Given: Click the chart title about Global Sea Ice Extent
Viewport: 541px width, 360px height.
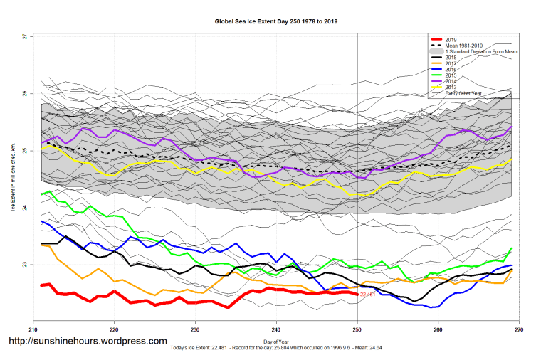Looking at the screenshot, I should (x=275, y=22).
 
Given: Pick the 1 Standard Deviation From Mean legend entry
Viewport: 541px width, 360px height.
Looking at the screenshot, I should (x=480, y=52).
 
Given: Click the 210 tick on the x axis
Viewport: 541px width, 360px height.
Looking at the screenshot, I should (x=32, y=330).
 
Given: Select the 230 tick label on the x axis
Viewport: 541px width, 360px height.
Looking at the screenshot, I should (x=195, y=330).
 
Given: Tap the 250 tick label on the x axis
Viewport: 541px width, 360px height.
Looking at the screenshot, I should (x=357, y=330).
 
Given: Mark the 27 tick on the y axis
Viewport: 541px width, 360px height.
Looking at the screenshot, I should (x=23, y=36).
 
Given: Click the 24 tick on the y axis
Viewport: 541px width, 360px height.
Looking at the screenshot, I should (x=23, y=208).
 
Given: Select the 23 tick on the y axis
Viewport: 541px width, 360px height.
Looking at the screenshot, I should (x=23, y=265).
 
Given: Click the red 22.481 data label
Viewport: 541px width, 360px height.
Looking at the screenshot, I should (x=367, y=294).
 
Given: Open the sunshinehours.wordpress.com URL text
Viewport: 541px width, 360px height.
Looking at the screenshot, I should (x=88, y=341).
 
